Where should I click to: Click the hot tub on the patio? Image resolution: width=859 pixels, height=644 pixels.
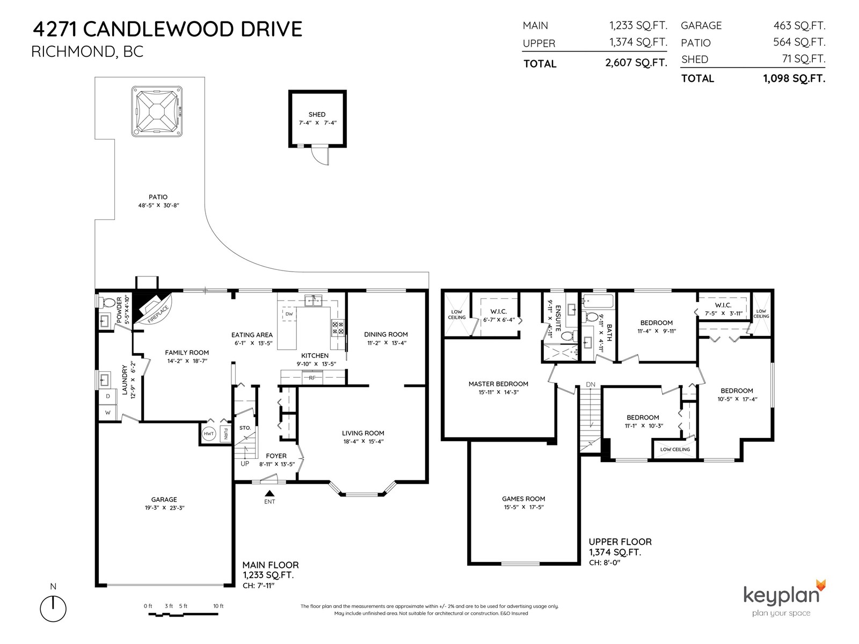(157, 112)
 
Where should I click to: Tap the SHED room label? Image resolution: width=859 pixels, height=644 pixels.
(317, 114)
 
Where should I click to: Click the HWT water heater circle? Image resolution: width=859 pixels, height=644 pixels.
(209, 434)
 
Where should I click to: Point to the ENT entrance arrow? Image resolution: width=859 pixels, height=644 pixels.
(270, 493)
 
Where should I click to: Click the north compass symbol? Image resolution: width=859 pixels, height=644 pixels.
(53, 609)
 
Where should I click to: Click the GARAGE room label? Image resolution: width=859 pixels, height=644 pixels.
(164, 499)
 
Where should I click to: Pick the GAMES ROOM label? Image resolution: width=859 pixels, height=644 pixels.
(523, 499)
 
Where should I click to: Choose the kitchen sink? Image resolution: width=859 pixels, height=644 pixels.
(313, 301)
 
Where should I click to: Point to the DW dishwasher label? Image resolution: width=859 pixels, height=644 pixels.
(289, 314)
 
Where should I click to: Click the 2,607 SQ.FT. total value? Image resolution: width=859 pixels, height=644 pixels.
(636, 63)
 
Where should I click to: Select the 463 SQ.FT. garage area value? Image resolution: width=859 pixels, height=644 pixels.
(799, 25)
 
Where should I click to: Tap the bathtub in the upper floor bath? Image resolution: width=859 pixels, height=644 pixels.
(597, 301)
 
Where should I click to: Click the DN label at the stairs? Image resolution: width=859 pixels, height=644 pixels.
(591, 384)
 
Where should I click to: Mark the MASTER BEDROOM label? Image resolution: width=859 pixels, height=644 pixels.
(498, 384)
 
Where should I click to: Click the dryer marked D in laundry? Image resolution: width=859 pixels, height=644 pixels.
(107, 396)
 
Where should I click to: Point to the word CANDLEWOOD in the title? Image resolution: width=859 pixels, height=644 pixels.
(159, 30)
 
